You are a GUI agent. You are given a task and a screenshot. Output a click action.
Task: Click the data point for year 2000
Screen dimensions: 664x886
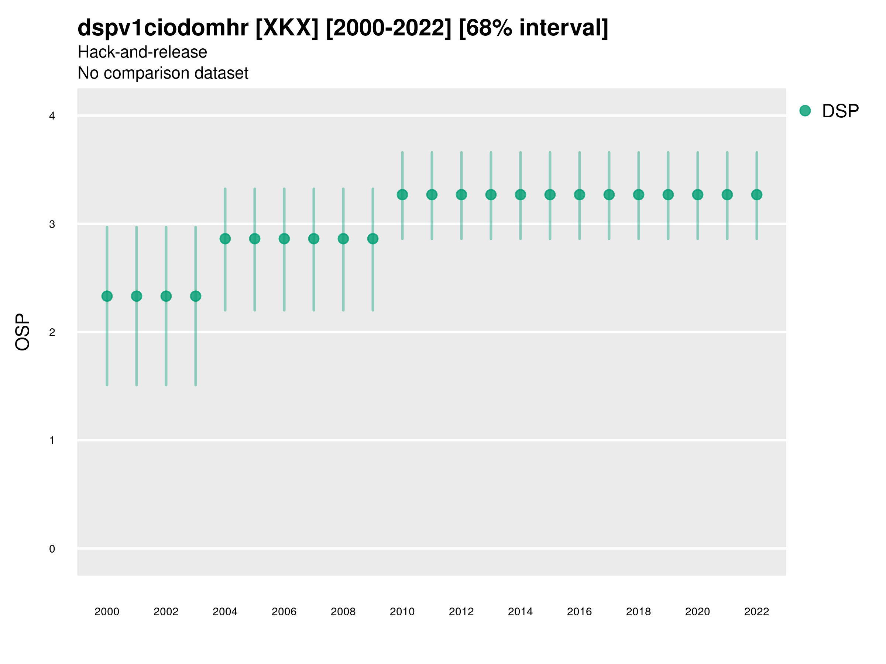point(107,296)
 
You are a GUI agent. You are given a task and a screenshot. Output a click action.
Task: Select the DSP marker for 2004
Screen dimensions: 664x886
point(225,239)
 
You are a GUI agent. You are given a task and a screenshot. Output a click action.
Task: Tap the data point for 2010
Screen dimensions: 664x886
point(402,194)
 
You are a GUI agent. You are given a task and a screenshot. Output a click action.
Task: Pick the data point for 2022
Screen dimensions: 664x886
point(757,194)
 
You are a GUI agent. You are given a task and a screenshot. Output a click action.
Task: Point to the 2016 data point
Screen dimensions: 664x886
point(579,194)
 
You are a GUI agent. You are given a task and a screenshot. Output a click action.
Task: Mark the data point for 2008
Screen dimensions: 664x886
point(343,239)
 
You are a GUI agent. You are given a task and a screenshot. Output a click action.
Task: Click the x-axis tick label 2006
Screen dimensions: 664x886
point(284,612)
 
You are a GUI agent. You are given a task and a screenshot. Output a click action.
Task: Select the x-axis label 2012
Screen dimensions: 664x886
point(461,612)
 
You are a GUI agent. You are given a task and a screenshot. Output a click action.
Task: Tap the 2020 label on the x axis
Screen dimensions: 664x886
point(697,612)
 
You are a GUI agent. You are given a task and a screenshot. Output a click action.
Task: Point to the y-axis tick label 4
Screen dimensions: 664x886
point(52,116)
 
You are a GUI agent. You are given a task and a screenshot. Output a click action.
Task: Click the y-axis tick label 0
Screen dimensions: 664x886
point(52,549)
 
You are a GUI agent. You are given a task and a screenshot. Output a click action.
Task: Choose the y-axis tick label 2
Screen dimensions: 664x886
point(52,332)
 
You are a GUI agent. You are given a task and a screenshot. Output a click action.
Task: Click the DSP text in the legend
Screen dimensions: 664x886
point(840,111)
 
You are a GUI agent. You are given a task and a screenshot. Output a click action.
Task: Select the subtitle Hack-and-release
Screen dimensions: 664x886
point(142,52)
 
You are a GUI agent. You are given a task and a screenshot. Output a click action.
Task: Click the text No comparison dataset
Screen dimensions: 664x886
point(163,73)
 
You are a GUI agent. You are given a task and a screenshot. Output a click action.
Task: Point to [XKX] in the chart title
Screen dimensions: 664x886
point(287,28)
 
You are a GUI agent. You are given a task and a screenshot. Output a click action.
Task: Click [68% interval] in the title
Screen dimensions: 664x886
point(533,28)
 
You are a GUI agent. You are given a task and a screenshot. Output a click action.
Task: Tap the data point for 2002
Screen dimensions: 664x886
point(166,296)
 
